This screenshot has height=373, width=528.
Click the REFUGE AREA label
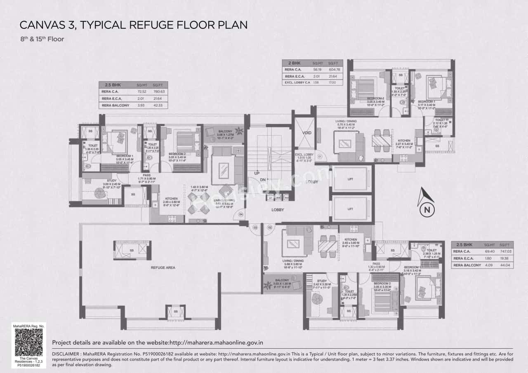[x=163, y=267]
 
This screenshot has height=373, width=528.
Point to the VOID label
[x=306, y=133]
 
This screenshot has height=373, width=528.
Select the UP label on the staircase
[x=257, y=173]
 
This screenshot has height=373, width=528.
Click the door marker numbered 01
[x=320, y=156]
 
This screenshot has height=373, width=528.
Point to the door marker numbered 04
[x=241, y=214]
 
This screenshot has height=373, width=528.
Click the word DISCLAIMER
[x=66, y=354]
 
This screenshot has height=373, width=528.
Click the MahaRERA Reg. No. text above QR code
[x=28, y=326]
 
